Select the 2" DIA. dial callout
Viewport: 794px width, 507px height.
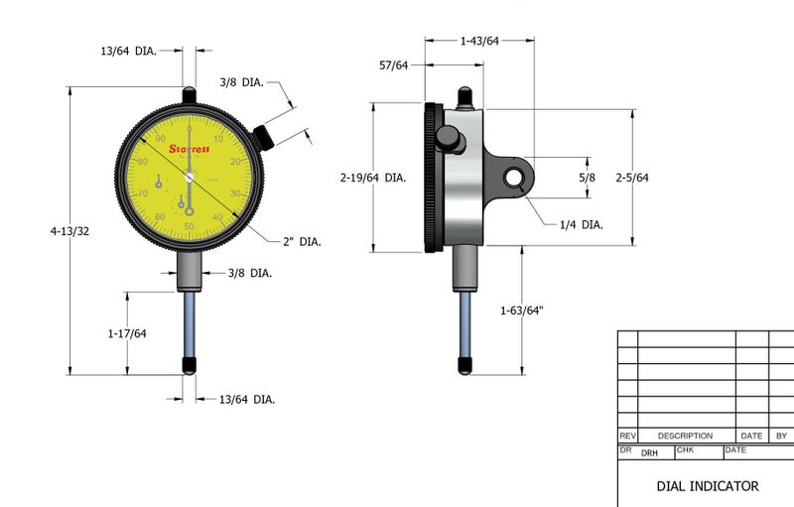303,242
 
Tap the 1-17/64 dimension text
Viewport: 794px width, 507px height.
127,333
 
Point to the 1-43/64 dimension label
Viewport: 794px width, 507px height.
479,41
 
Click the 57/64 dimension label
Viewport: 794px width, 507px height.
393,65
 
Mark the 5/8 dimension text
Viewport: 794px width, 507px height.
587,177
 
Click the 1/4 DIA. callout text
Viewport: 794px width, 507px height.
582,225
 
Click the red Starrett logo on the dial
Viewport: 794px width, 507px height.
188,150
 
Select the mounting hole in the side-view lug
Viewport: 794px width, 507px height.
514,177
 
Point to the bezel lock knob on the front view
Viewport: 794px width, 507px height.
264,136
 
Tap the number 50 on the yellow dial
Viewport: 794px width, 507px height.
189,227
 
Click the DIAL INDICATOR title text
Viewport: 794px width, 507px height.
707,486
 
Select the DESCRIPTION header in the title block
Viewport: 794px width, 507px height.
685,436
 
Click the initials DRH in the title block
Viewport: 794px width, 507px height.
649,452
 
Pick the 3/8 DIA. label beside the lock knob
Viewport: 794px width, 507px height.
241,82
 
